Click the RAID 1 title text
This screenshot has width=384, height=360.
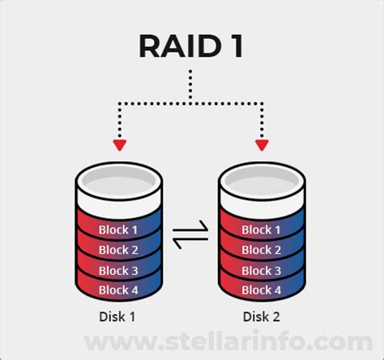click(191, 47)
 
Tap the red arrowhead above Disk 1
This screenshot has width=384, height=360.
click(120, 145)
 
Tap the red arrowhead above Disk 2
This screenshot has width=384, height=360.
click(261, 145)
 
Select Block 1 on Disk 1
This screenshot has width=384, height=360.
click(118, 229)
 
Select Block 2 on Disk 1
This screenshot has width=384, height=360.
click(118, 249)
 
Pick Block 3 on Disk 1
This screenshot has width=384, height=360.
click(118, 269)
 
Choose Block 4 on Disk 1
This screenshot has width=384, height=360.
click(118, 289)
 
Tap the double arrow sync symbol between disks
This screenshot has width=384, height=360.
click(191, 240)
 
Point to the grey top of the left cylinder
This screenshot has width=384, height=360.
click(118, 179)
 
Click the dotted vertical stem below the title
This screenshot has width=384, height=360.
click(191, 84)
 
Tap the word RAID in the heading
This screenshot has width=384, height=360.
click(174, 47)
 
